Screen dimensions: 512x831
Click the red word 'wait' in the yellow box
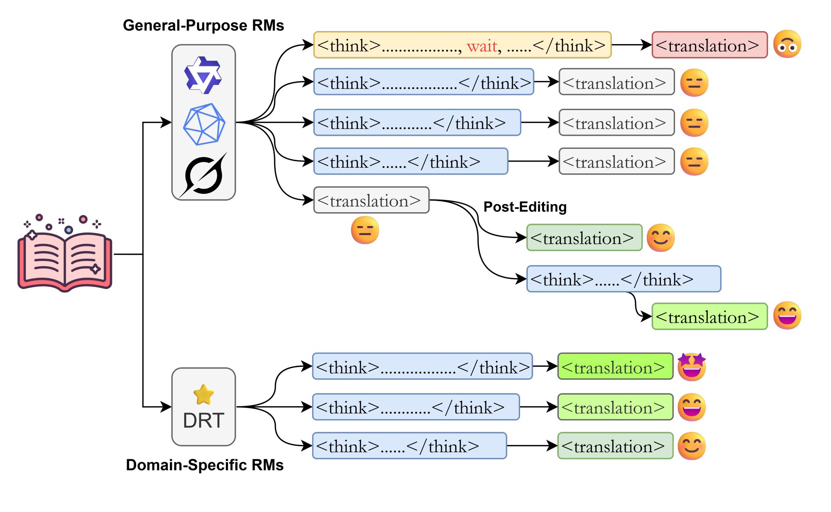pyautogui.click(x=482, y=46)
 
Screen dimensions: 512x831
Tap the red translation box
pyautogui.click(x=709, y=45)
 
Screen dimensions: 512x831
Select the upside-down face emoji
pyautogui.click(x=787, y=44)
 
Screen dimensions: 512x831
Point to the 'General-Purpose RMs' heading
pyautogui.click(x=203, y=25)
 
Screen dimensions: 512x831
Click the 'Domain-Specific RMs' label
pyautogui.click(x=204, y=465)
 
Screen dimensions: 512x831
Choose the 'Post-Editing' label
pyautogui.click(x=525, y=207)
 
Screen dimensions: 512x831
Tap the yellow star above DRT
pyautogui.click(x=203, y=395)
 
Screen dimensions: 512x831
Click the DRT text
pyautogui.click(x=203, y=420)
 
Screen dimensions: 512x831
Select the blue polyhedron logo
pyautogui.click(x=204, y=124)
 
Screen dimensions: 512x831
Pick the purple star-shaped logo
pyautogui.click(x=203, y=75)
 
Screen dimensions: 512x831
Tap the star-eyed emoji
pyautogui.click(x=692, y=366)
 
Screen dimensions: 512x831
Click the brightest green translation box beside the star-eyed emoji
pyautogui.click(x=615, y=366)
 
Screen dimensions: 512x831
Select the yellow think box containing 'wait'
pyautogui.click(x=462, y=45)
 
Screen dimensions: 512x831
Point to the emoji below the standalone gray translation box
pyautogui.click(x=365, y=230)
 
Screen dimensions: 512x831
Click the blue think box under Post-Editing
pyautogui.click(x=623, y=279)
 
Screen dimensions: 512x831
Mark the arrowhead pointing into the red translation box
pyautogui.click(x=647, y=45)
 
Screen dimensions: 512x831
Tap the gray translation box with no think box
pyautogui.click(x=371, y=200)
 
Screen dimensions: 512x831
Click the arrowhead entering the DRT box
pyautogui.click(x=166, y=407)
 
